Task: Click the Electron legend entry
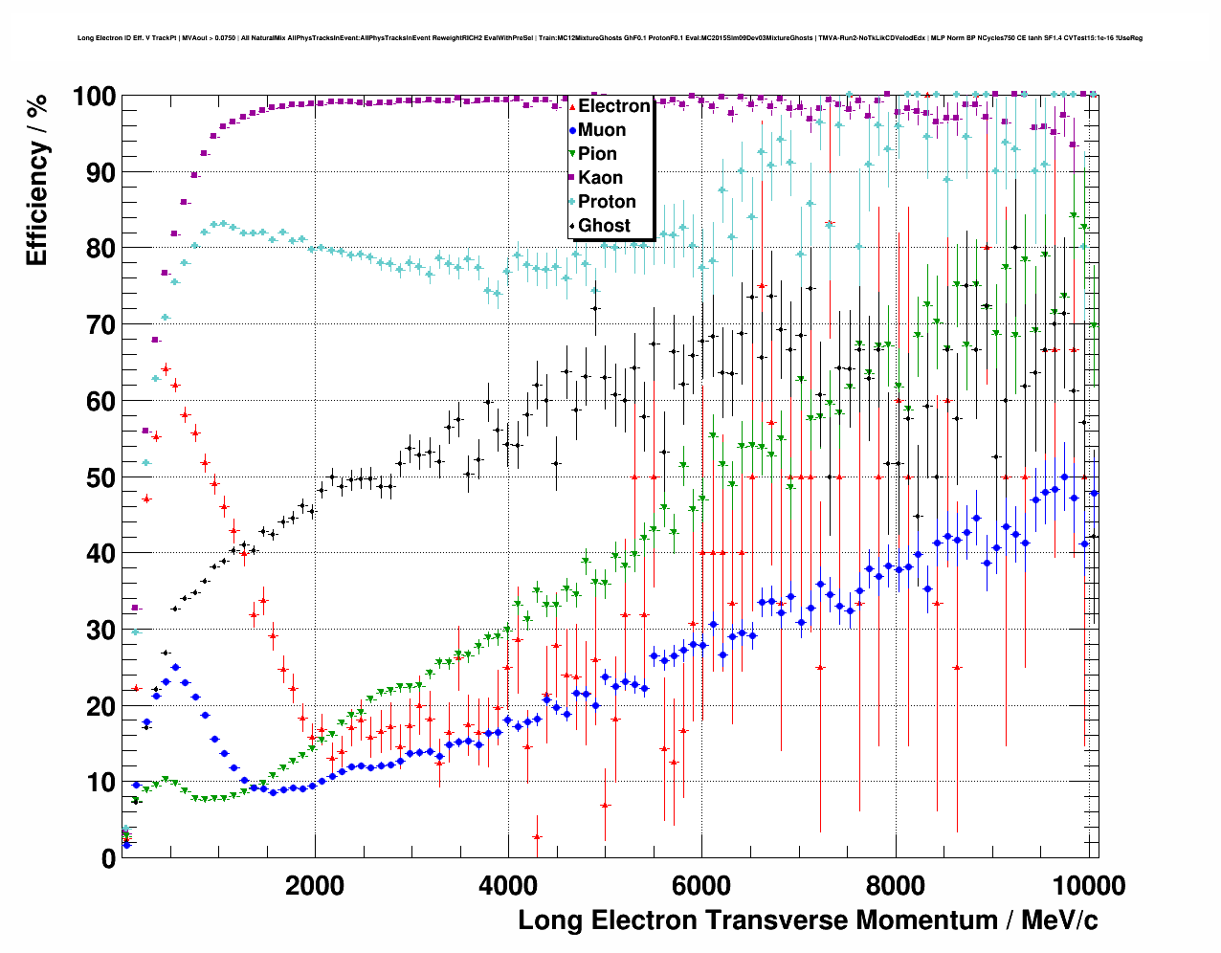click(x=613, y=106)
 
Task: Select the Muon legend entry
click(x=601, y=130)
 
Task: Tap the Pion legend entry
click(x=597, y=154)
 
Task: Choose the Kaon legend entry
click(x=600, y=178)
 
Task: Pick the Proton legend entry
click(x=607, y=202)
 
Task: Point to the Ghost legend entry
click(x=604, y=226)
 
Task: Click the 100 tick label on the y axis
click(x=94, y=97)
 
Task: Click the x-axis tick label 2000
click(x=315, y=885)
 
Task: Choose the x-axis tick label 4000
click(x=508, y=885)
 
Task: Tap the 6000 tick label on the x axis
click(x=701, y=885)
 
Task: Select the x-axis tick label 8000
click(x=895, y=885)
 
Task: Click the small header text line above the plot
click(x=610, y=38)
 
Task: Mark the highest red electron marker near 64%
click(x=166, y=368)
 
